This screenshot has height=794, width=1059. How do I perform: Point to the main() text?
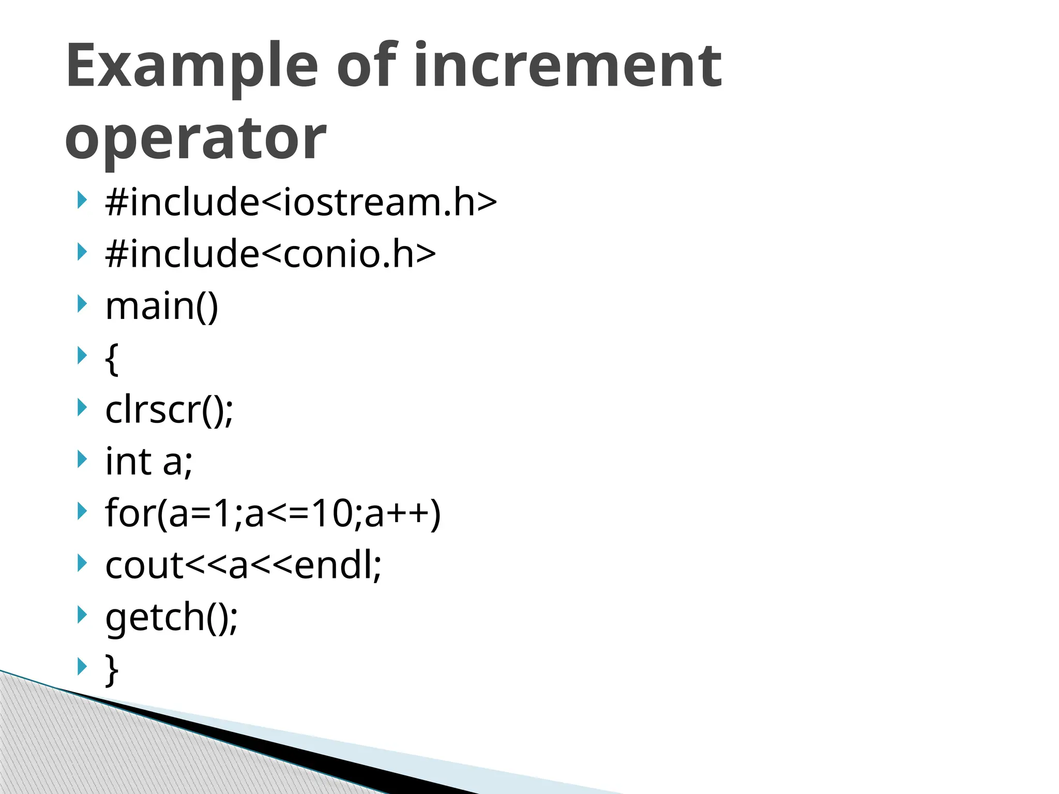[x=162, y=306]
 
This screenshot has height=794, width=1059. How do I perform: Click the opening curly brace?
[x=112, y=358]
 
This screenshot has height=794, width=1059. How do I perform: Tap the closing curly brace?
[x=112, y=670]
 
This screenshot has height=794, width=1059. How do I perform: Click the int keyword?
[x=128, y=461]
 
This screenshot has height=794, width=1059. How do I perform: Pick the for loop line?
[x=273, y=513]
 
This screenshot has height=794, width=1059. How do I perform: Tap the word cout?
[x=144, y=566]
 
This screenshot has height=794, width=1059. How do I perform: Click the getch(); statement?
[x=171, y=617]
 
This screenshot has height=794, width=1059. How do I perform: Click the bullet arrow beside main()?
[x=82, y=304]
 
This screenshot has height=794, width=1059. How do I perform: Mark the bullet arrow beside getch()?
[x=82, y=615]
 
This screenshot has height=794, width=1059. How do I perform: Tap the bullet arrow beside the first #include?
[x=82, y=200]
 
